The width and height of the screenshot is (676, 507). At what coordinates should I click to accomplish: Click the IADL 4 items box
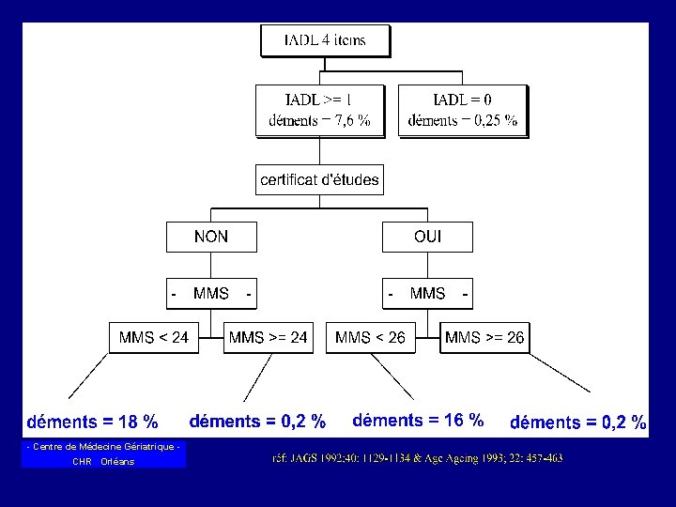(324, 40)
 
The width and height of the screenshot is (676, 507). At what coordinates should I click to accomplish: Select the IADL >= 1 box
(319, 110)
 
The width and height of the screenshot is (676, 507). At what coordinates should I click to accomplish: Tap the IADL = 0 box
(463, 110)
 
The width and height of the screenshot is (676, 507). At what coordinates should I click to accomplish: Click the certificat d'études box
(319, 179)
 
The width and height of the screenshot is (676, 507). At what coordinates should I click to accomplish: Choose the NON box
(211, 237)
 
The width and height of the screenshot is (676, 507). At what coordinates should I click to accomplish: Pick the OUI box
(427, 237)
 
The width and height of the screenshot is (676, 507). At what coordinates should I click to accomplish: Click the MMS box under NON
(211, 294)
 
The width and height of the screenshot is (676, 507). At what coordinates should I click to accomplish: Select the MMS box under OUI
(427, 294)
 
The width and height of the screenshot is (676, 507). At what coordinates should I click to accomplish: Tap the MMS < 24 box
(154, 337)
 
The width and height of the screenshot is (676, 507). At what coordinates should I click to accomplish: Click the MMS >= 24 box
(269, 337)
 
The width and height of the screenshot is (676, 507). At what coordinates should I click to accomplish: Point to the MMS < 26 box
(370, 337)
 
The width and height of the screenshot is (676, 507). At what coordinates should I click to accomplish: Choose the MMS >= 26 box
(484, 337)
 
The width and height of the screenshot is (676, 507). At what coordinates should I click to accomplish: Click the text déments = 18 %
(92, 422)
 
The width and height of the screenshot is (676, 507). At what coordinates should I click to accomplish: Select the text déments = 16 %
(418, 420)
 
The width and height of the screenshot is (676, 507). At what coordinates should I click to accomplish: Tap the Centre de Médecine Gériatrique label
(103, 446)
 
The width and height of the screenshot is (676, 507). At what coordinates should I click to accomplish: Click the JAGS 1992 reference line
(417, 457)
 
